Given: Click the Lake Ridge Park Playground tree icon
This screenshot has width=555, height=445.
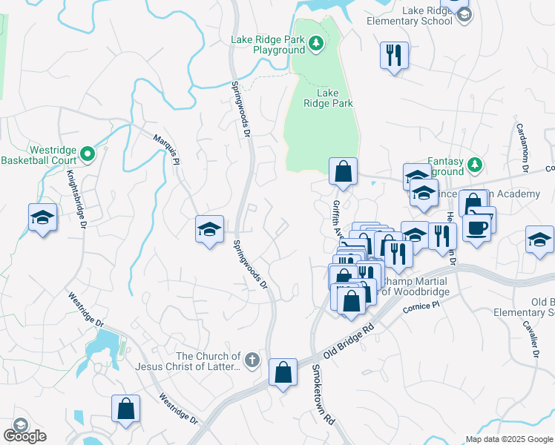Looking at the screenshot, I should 316,44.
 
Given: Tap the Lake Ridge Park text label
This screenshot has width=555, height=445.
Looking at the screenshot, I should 328,99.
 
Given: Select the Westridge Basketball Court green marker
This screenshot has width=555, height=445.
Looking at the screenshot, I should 88,154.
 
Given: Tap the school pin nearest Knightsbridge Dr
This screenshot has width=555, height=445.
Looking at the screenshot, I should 42,218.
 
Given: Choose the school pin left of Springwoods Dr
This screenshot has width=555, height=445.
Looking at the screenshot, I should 209,228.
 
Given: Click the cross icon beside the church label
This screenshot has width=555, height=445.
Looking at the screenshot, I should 252,361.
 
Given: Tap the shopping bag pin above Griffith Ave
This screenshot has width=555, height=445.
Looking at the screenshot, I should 343,171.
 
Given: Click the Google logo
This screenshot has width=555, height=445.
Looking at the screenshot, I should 24,435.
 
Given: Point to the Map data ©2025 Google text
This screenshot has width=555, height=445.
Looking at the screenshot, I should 508,439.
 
